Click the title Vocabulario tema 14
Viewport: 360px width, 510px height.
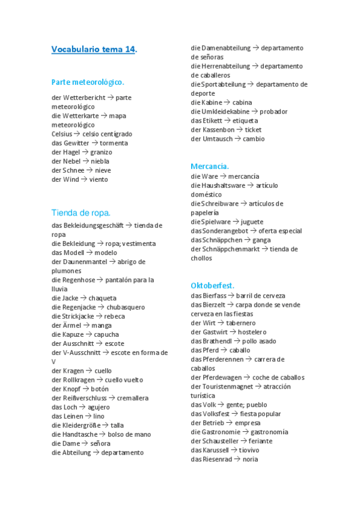(x=94, y=49)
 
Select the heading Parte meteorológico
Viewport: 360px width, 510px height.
(x=88, y=82)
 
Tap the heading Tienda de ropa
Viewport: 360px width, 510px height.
(x=81, y=212)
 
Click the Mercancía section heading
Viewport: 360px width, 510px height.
(x=210, y=166)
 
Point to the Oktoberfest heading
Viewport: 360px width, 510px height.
(x=212, y=285)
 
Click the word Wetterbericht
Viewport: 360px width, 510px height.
(x=84, y=97)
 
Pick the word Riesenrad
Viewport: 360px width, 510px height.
(x=218, y=459)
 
